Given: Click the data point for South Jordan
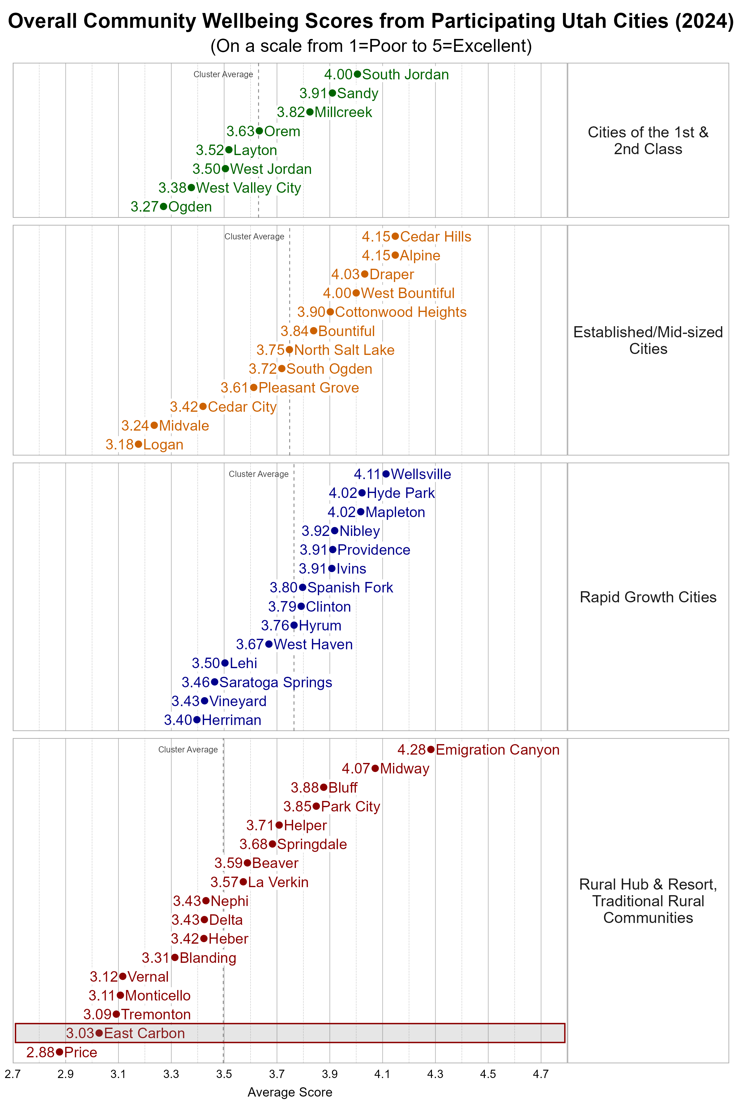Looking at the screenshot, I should [x=357, y=74].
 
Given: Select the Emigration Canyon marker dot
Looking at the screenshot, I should [x=431, y=749].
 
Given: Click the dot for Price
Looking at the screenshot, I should [x=59, y=1052].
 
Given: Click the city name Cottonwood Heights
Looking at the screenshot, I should [x=400, y=312].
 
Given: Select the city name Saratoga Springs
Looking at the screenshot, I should [x=275, y=682].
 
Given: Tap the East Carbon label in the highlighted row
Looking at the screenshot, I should [x=144, y=1033].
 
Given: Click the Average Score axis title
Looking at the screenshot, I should [x=290, y=1092].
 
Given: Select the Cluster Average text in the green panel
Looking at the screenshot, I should [x=223, y=74].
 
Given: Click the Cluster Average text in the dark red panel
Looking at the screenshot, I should [x=188, y=749].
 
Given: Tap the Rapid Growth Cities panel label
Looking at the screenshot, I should [x=648, y=597].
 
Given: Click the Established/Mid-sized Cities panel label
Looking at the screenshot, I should [x=648, y=340].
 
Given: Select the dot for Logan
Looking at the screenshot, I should [x=138, y=444].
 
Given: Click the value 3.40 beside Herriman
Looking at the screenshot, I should [x=178, y=720].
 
